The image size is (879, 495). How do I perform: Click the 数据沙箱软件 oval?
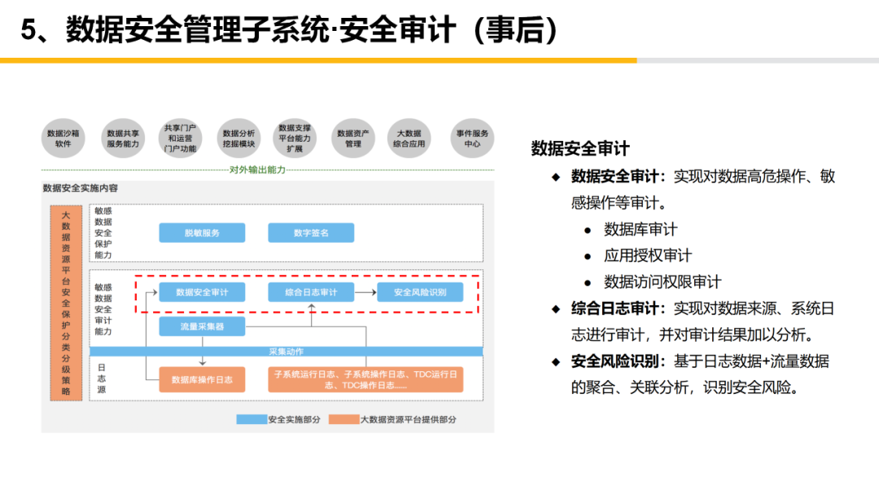pyautogui.click(x=63, y=138)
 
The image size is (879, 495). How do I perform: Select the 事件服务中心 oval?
pyautogui.click(x=472, y=138)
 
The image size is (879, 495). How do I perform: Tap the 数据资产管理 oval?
pyautogui.click(x=353, y=138)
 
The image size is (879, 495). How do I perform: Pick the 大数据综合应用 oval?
pyautogui.click(x=409, y=138)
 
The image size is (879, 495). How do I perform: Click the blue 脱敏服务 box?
pyautogui.click(x=202, y=233)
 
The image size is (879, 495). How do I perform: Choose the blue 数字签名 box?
pyautogui.click(x=311, y=233)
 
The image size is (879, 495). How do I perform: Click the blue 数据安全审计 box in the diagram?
pyautogui.click(x=202, y=291)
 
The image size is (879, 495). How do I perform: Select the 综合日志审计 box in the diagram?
pyautogui.click(x=311, y=291)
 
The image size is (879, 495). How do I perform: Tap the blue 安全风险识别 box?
pyautogui.click(x=420, y=291)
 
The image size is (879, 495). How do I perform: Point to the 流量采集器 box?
pyautogui.click(x=202, y=327)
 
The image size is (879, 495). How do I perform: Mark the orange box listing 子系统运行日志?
pyautogui.click(x=365, y=379)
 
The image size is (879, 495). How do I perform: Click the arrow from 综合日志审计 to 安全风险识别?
pyautogui.click(x=365, y=291)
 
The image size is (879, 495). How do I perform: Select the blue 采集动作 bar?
pyautogui.click(x=286, y=352)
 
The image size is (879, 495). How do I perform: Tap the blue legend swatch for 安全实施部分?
pyautogui.click(x=251, y=419)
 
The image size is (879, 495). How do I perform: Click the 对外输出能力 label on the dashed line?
pyautogui.click(x=257, y=170)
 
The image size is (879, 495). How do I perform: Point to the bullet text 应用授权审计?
pyautogui.click(x=648, y=256)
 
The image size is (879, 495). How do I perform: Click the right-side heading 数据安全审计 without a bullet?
pyautogui.click(x=579, y=149)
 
